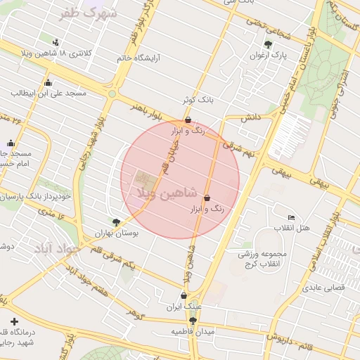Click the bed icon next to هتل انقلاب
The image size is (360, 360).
tap(292, 217)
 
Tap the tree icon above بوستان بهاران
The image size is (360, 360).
tap(115, 221)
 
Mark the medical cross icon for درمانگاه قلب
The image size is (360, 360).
tap(14, 321)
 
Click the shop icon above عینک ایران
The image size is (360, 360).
tap(184, 295)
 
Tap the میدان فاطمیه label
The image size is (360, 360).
tap(192, 330)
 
